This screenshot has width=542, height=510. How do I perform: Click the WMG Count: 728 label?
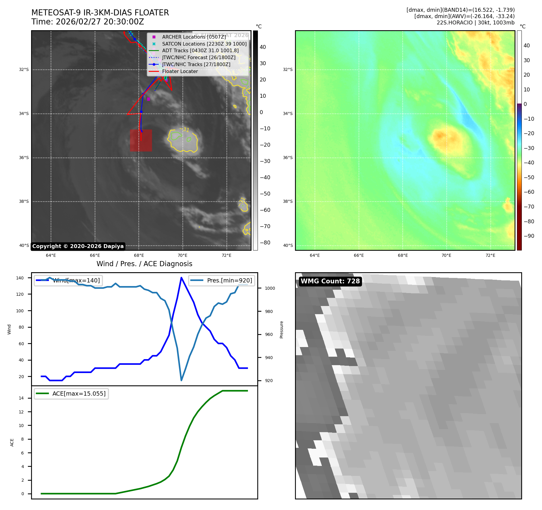330,281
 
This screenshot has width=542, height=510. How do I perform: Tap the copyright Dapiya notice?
78,246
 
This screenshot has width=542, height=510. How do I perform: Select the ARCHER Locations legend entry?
194,37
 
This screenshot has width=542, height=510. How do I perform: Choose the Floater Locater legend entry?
180,71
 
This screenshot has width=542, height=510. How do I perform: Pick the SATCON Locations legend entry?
204,44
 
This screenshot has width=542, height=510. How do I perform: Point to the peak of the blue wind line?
181,278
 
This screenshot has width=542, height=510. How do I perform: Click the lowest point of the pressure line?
181,380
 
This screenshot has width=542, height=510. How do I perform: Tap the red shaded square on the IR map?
141,140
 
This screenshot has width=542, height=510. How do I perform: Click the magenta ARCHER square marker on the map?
148,99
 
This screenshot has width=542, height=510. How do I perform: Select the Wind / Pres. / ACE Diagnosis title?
144,264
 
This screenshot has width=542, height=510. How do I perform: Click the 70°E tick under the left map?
182,255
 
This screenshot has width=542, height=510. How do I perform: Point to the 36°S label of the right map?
287,158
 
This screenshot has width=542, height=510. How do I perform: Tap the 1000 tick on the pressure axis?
270,288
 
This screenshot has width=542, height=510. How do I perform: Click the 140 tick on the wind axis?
20,278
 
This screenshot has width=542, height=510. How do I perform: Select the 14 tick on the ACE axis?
21,398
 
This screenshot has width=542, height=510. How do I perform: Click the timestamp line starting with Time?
88,22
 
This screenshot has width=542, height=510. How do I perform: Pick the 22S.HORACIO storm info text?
475,23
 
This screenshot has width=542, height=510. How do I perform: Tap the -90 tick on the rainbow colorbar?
529,236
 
